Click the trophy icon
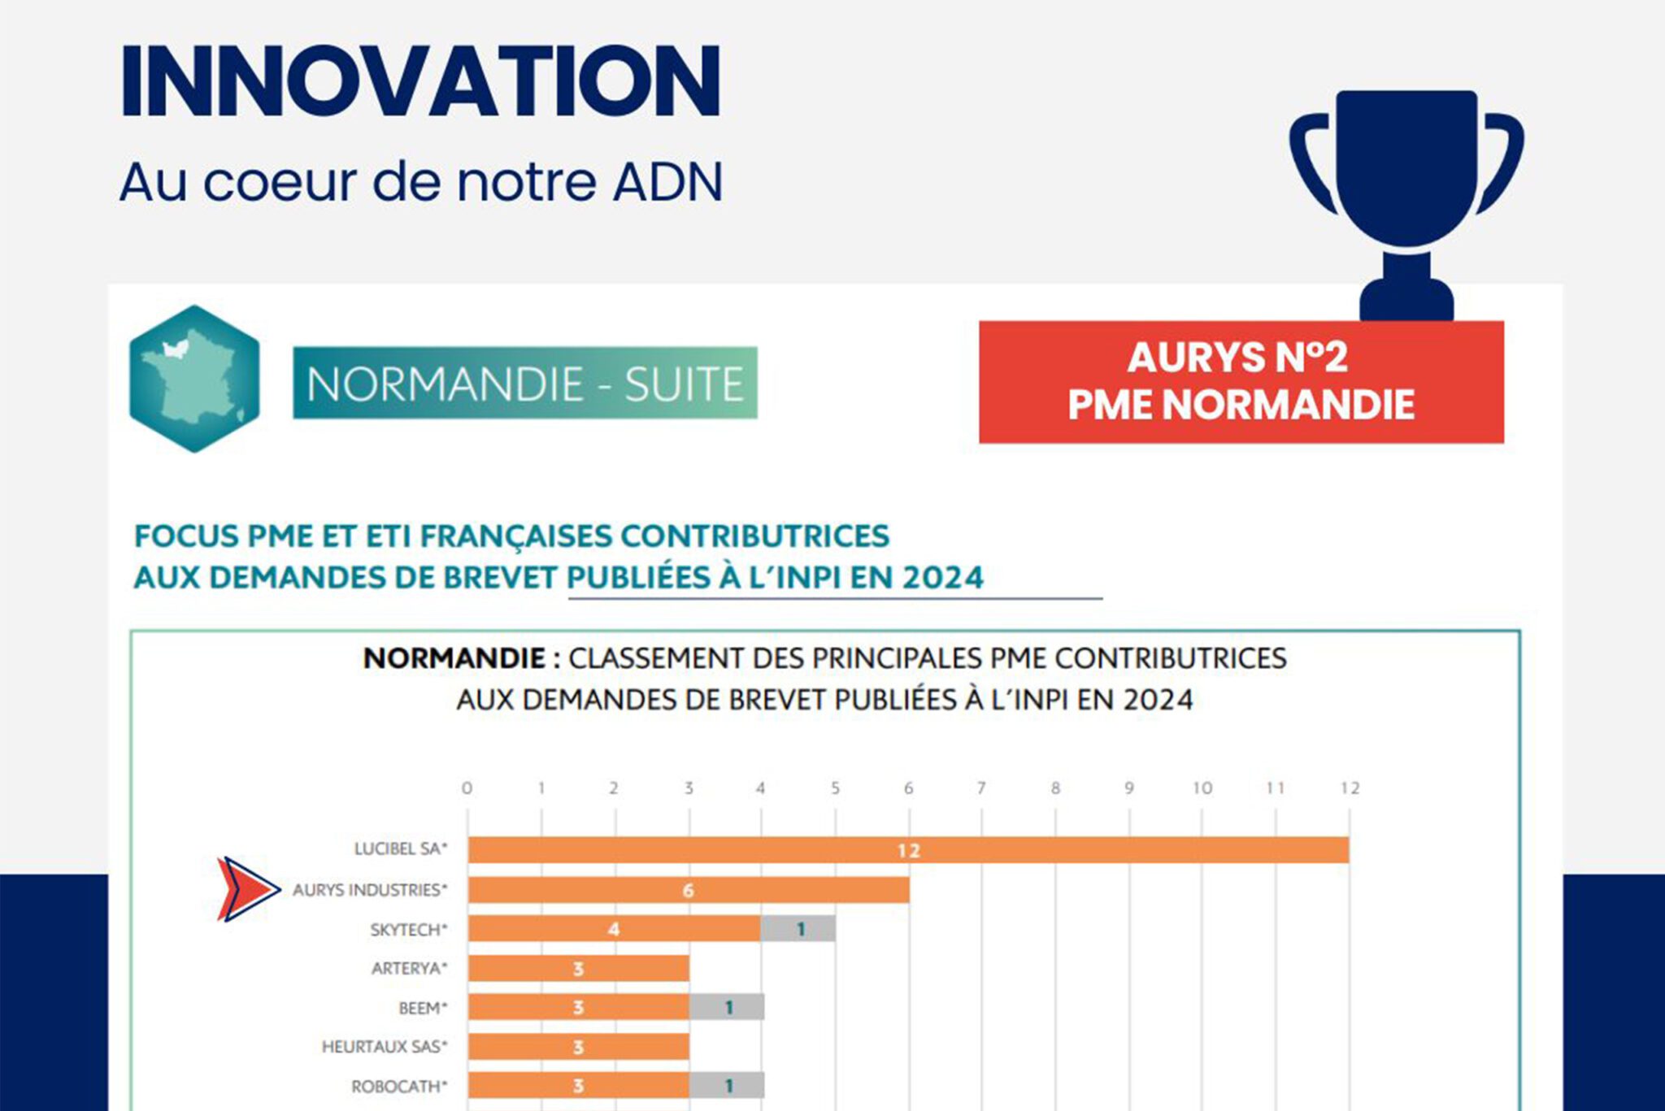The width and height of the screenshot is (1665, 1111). [x=1406, y=195]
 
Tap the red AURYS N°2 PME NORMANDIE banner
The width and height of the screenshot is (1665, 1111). [x=1241, y=382]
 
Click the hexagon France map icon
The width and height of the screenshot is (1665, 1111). [x=194, y=379]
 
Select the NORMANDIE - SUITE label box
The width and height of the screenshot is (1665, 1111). [x=525, y=383]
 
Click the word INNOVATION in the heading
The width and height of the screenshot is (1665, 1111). [x=420, y=82]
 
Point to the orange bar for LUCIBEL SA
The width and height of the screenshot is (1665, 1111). [x=908, y=850]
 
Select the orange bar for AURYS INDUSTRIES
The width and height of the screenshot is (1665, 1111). [x=688, y=890]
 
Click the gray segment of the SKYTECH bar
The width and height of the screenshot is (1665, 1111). [x=799, y=929]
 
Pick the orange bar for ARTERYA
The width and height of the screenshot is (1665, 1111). [x=578, y=968]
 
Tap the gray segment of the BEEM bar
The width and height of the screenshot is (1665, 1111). [x=727, y=1007]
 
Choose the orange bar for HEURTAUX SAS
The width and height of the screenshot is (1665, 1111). [x=578, y=1047]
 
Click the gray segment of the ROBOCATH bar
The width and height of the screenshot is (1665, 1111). [x=727, y=1086]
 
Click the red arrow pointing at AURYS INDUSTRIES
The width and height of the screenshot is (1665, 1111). [x=247, y=889]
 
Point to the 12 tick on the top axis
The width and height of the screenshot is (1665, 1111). [x=1350, y=788]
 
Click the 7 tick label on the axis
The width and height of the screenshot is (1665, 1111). [x=981, y=788]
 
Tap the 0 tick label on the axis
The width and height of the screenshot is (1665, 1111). [x=467, y=788]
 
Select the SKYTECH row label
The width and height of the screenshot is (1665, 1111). [x=408, y=930]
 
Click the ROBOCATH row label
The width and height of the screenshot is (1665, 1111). [x=398, y=1087]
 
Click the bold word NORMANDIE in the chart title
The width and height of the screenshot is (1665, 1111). [x=454, y=658]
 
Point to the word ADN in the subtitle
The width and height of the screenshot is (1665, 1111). [x=668, y=182]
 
